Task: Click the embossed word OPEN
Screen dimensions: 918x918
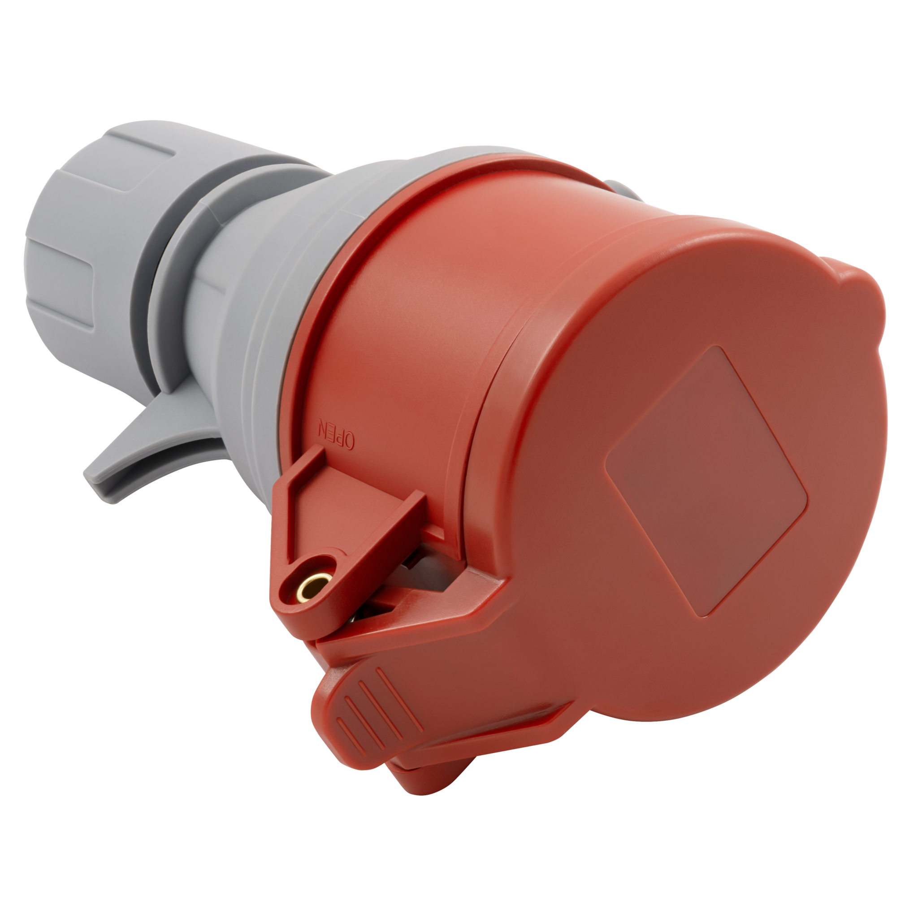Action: pyautogui.click(x=337, y=433)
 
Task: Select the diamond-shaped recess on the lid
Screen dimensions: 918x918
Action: pyautogui.click(x=706, y=481)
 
